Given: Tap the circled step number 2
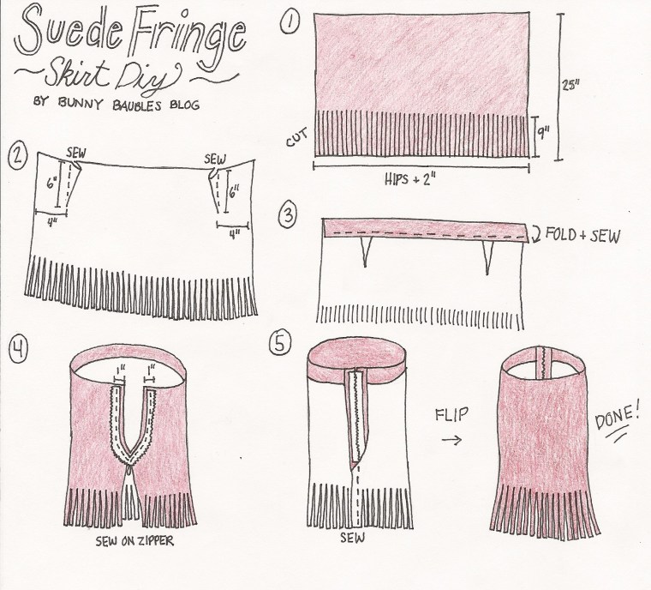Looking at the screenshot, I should click(x=16, y=156).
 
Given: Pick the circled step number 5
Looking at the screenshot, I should click(x=278, y=343).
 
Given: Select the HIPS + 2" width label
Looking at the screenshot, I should click(x=415, y=178).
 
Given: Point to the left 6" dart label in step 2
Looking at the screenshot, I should click(x=51, y=183).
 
